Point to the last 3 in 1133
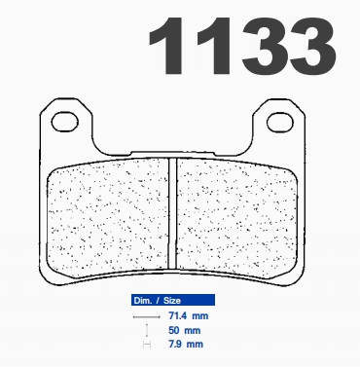[x=313, y=46]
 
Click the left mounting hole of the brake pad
[x=65, y=122]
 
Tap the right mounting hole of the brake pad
[x=279, y=122]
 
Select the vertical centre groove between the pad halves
[x=172, y=213]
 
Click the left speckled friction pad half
[x=109, y=216]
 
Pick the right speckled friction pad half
[x=236, y=216]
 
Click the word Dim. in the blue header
[x=143, y=301]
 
